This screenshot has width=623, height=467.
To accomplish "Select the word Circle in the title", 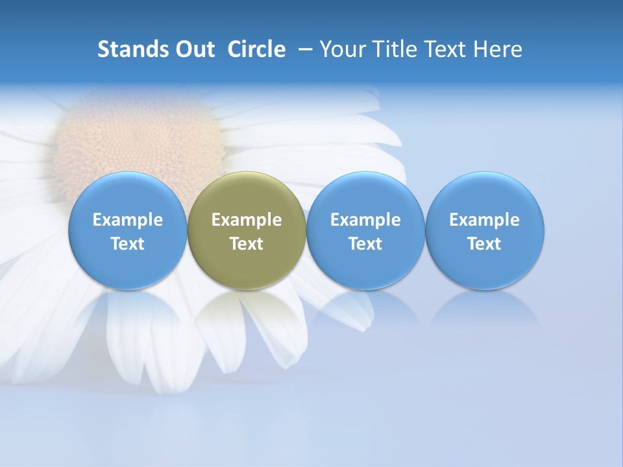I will (x=256, y=49).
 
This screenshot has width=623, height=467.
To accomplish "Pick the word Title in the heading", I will (x=393, y=49).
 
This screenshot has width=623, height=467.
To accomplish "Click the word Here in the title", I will (x=498, y=49).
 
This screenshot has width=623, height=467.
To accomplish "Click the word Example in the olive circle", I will (x=247, y=220).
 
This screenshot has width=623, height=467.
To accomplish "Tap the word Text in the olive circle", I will (x=247, y=244).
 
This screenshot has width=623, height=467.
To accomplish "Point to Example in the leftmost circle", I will (x=128, y=220).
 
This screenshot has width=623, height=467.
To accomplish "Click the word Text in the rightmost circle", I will (x=485, y=244).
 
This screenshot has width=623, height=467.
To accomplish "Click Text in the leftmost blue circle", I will (x=128, y=244).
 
